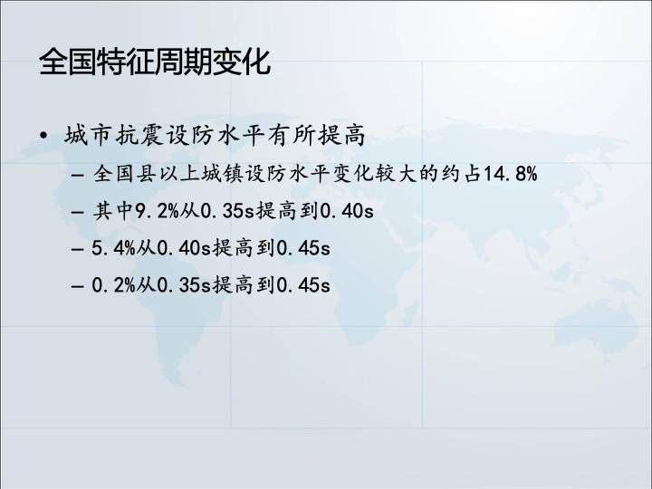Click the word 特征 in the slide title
(x=126, y=62)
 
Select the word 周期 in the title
(x=183, y=62)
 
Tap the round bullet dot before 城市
(x=43, y=135)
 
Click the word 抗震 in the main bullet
(x=139, y=135)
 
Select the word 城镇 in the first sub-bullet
(x=222, y=173)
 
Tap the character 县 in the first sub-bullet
(x=147, y=173)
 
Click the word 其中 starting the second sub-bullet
(x=112, y=211)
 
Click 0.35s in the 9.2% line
(x=226, y=211)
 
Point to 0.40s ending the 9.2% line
(x=346, y=211)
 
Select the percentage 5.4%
(x=113, y=248)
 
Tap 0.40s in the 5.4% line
(x=183, y=248)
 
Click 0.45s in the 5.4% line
(x=302, y=248)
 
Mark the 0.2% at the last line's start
(x=113, y=285)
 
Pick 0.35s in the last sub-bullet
(x=183, y=285)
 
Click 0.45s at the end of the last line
(x=302, y=285)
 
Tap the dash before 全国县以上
(x=78, y=175)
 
